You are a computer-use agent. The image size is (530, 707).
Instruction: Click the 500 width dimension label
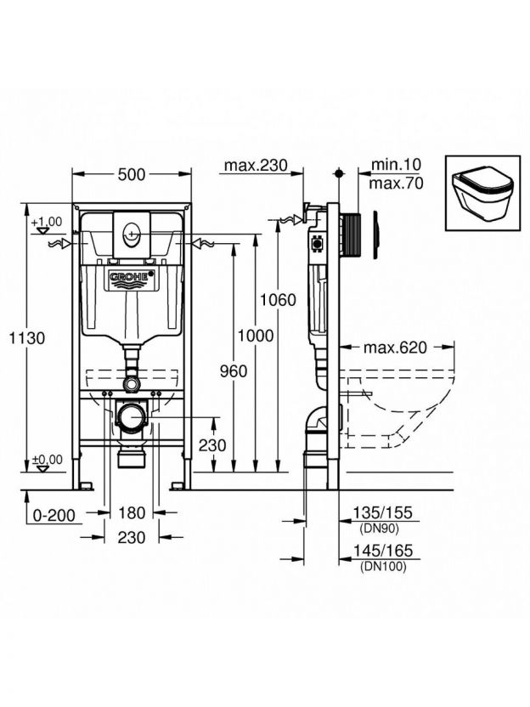click(132, 173)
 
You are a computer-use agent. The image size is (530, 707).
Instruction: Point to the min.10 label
click(396, 165)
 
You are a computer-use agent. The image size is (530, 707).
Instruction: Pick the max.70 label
click(397, 183)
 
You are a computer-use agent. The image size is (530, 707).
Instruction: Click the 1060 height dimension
click(279, 299)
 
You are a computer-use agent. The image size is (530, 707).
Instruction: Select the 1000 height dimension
click(256, 336)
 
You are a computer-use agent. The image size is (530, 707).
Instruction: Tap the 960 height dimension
click(232, 371)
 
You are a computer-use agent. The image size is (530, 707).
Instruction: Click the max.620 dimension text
click(395, 347)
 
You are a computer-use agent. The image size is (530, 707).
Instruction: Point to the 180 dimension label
click(132, 512)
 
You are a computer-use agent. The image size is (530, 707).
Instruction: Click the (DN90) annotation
click(379, 528)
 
